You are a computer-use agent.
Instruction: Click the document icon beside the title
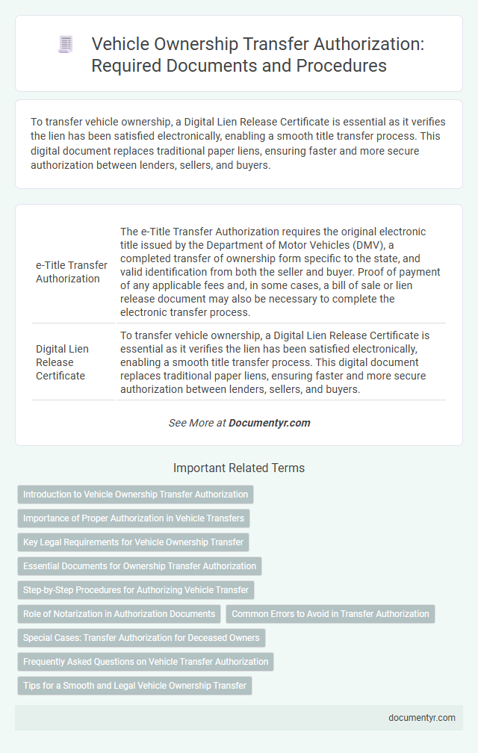click(66, 45)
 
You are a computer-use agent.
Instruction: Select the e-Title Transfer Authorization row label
click(72, 272)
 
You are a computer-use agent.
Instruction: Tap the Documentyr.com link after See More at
click(269, 423)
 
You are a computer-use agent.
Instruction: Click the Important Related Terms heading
click(239, 468)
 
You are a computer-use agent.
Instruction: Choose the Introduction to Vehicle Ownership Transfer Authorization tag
click(135, 495)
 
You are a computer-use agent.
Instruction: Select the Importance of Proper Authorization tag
click(134, 518)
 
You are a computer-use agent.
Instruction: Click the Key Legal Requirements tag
click(133, 542)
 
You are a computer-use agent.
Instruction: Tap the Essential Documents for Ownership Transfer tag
click(140, 566)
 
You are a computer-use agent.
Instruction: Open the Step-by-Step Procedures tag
click(136, 590)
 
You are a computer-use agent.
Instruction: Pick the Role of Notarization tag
click(119, 614)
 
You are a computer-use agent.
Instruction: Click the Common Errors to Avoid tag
click(330, 614)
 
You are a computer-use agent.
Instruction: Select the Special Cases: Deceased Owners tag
click(141, 638)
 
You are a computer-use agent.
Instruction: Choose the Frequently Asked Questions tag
click(146, 662)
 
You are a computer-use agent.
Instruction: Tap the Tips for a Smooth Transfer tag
click(134, 686)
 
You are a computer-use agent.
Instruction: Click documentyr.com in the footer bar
click(422, 718)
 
